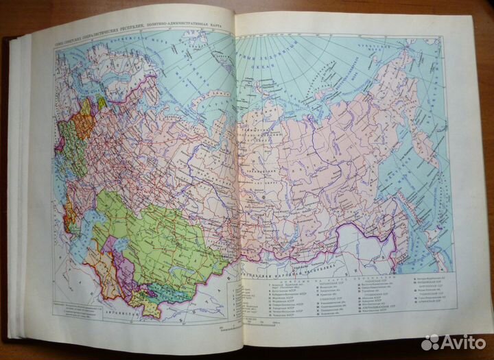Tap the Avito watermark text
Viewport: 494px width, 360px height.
coord(460,341)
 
